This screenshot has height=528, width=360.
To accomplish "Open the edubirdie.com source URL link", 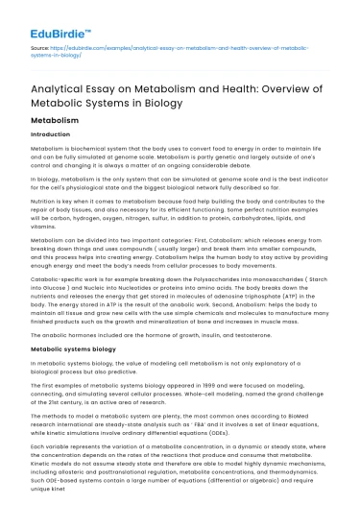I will pyautogui.click(x=144, y=47).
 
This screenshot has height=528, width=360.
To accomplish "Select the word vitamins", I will pyautogui.click(x=42, y=222).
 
